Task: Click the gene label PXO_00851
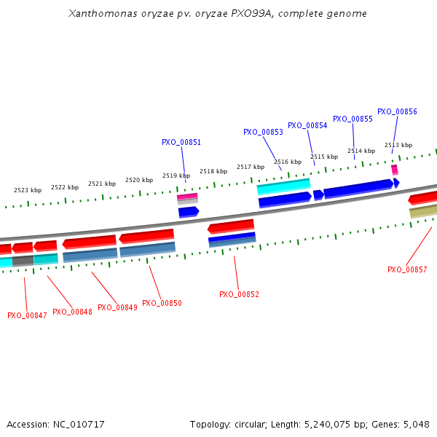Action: [181, 143]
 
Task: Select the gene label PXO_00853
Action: [263, 133]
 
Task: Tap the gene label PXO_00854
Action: [307, 125]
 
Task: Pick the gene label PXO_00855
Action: [353, 119]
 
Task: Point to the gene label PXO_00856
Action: [397, 112]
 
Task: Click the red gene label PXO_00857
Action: [407, 269]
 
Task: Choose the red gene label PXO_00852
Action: [239, 294]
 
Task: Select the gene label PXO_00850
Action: [162, 303]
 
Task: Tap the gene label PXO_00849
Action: [117, 307]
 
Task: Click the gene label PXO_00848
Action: [72, 312]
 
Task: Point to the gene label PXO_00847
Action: [27, 315]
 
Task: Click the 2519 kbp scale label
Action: [176, 176]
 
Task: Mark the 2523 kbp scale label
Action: [28, 190]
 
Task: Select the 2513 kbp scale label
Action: [398, 145]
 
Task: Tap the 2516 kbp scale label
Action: [287, 162]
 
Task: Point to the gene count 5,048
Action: [415, 424]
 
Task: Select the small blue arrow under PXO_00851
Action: [189, 212]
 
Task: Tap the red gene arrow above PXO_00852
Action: [231, 227]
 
